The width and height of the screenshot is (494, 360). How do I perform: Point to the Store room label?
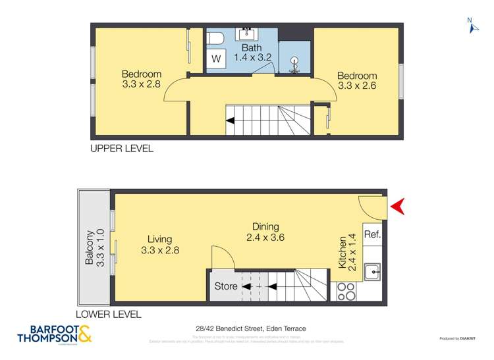[x=226, y=286]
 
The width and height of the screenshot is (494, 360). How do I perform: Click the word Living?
[x=160, y=240]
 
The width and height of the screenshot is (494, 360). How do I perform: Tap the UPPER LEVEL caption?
[x=122, y=149]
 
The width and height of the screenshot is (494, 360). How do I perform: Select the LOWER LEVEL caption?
[x=108, y=315]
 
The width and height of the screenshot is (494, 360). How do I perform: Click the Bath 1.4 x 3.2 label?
[x=252, y=53]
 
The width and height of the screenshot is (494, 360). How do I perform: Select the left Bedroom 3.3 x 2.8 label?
[x=142, y=79]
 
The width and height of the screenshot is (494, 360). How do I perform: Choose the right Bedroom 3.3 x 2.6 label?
[x=357, y=80]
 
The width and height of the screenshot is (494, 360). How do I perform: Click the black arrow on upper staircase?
[x=230, y=120]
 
